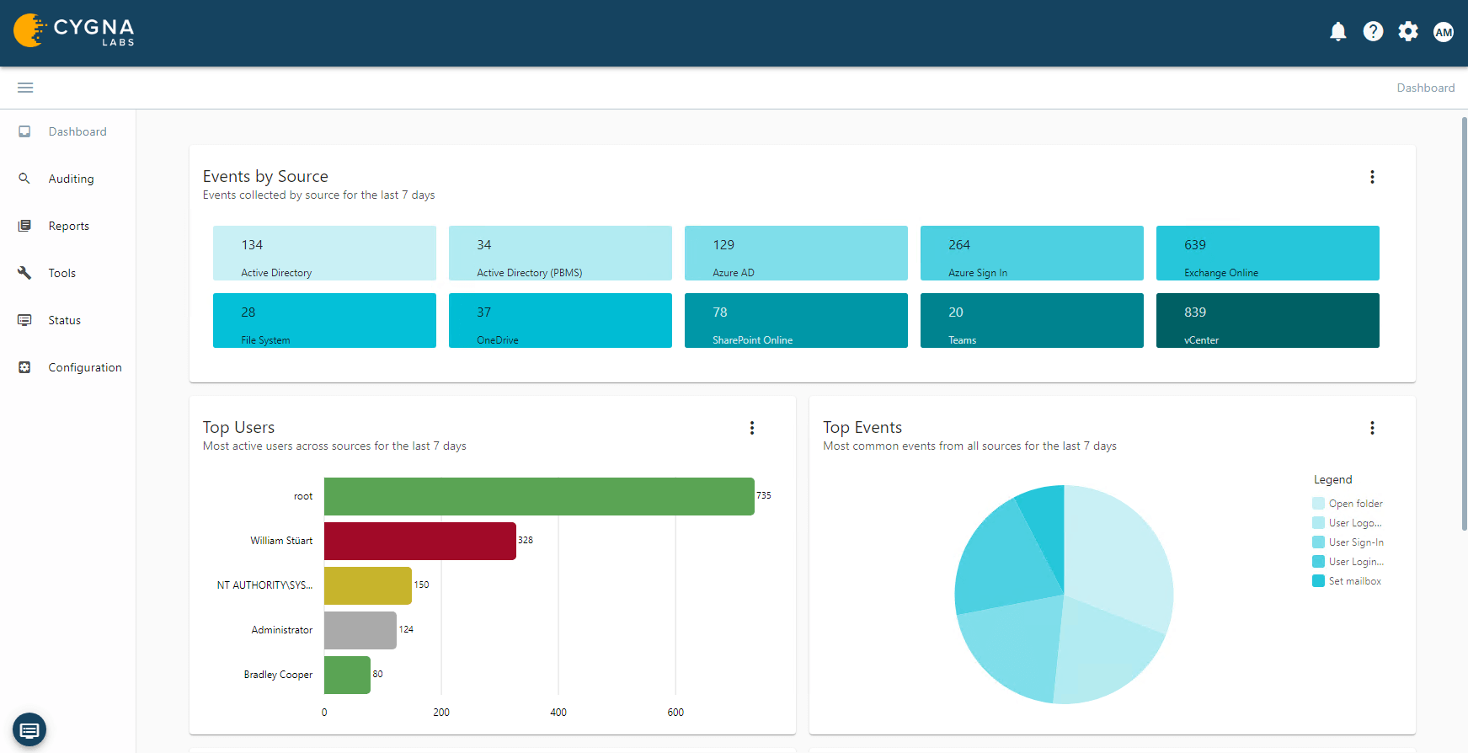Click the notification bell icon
click(1337, 32)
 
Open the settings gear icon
click(1408, 32)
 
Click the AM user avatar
click(1444, 32)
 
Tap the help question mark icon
click(1373, 32)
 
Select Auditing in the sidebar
click(71, 179)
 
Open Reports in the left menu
click(68, 226)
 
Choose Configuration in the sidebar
click(84, 367)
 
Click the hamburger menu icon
click(25, 88)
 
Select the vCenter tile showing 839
click(1267, 320)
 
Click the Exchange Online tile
click(1267, 253)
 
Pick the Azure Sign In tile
click(1031, 253)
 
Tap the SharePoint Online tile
click(795, 320)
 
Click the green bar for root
click(539, 496)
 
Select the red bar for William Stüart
click(419, 541)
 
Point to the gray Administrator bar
click(360, 630)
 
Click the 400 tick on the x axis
click(558, 713)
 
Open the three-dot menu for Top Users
click(752, 428)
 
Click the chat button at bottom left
click(29, 729)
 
